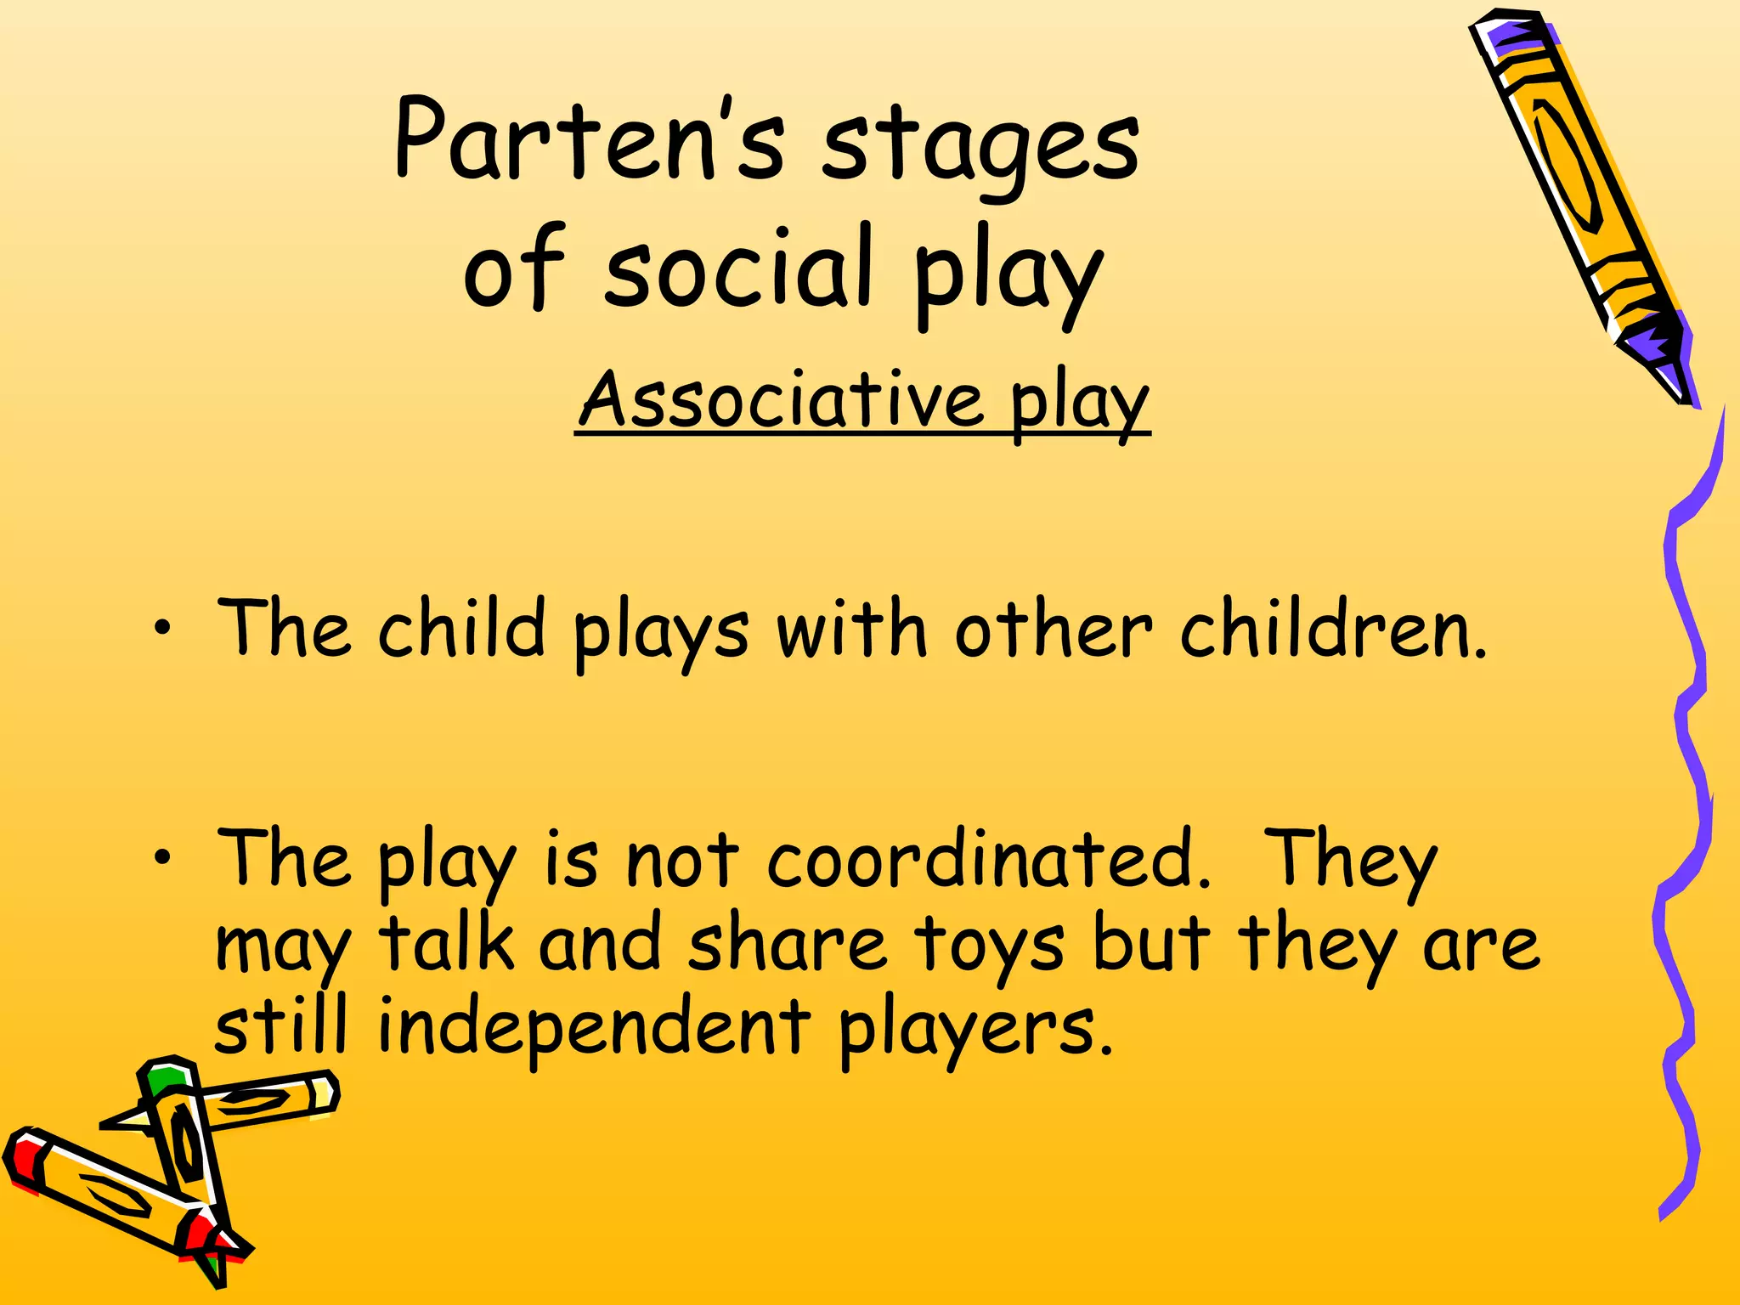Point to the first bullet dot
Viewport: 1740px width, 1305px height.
pos(161,630)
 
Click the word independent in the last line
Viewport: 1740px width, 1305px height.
pos(593,1026)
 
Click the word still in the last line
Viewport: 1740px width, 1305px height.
pos(281,1025)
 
